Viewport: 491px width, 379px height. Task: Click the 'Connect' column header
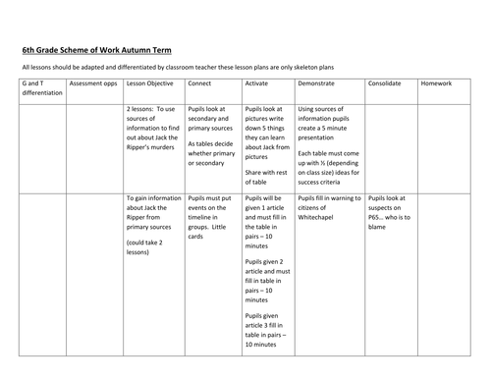tap(199, 85)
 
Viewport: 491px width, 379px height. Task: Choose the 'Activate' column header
tap(255, 85)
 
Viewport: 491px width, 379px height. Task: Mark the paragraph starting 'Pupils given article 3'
tap(263, 334)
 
